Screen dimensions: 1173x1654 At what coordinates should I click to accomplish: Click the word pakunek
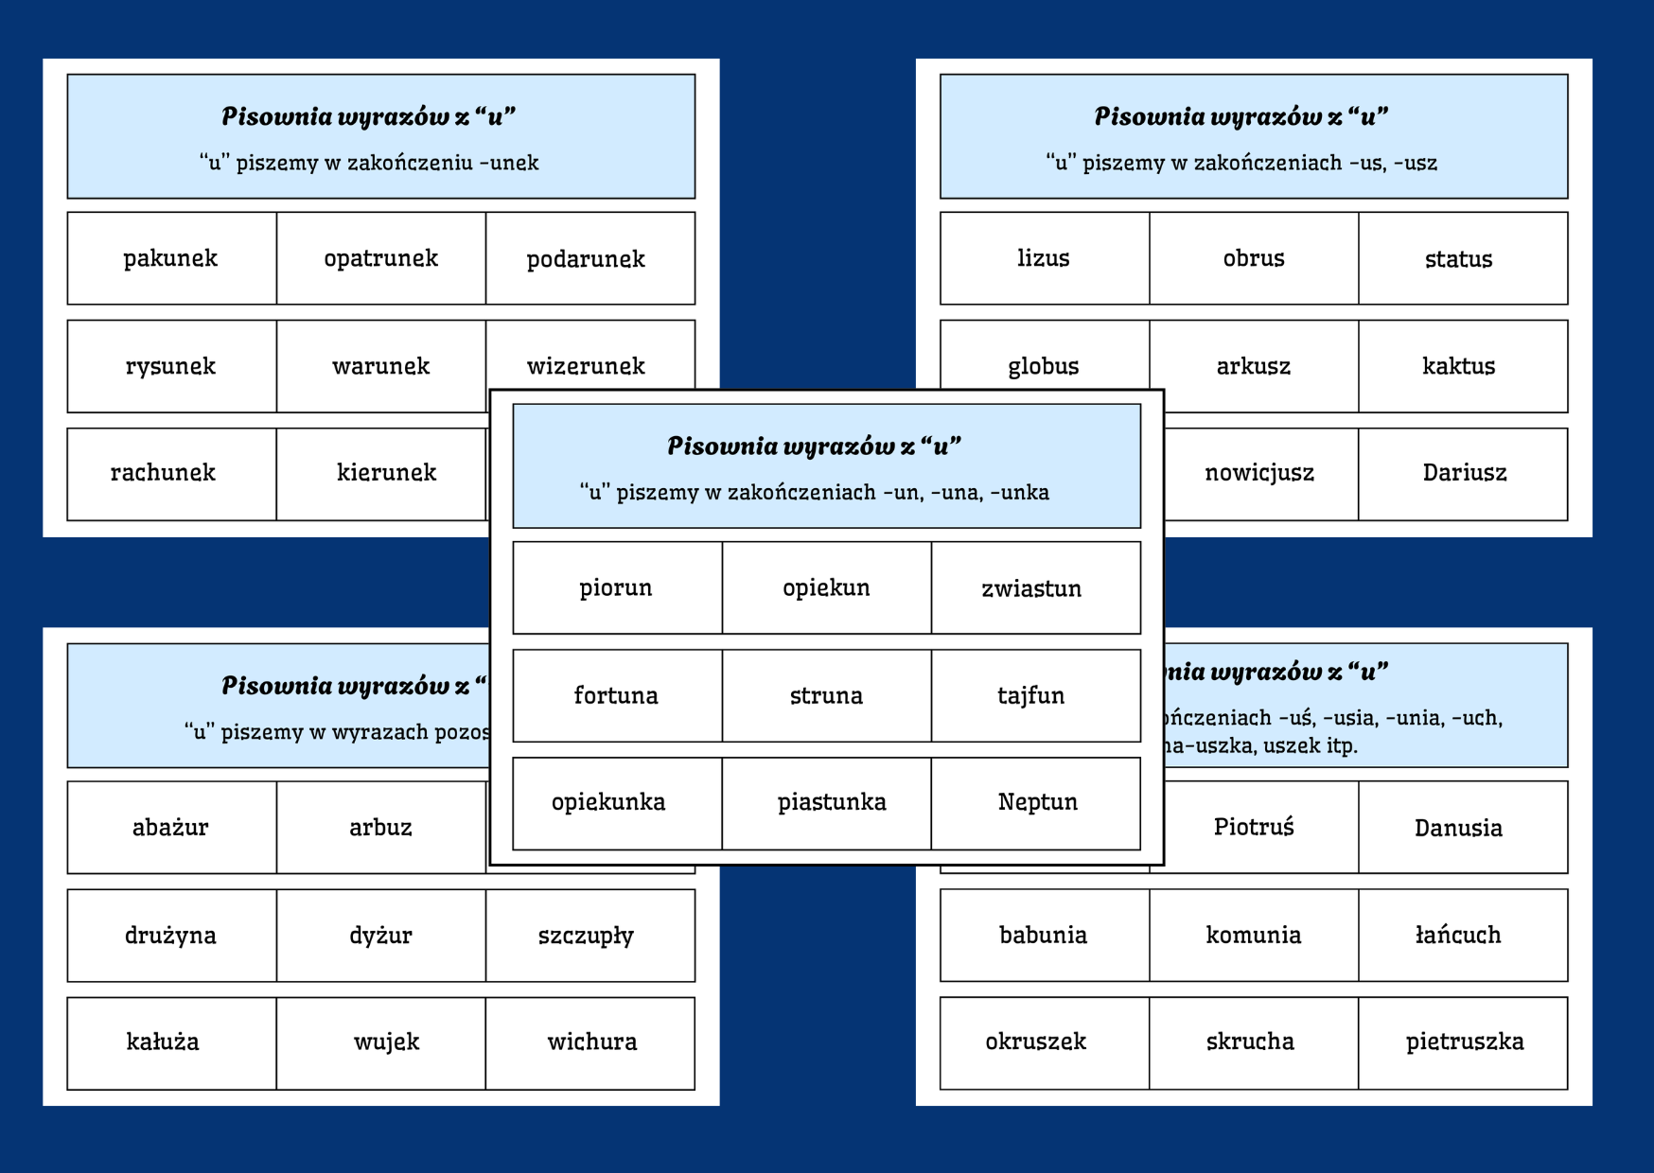pos(170,258)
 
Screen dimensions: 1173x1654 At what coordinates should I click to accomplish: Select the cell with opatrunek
pos(380,258)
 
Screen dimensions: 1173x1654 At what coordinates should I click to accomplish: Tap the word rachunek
pos(163,473)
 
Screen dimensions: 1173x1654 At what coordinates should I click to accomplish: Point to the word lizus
pos(1044,258)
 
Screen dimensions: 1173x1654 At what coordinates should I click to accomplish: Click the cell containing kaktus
pos(1458,366)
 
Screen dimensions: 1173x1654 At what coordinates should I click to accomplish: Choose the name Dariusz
pos(1464,473)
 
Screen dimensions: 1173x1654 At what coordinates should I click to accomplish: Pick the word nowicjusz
pos(1259,473)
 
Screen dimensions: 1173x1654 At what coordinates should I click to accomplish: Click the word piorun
pos(616,587)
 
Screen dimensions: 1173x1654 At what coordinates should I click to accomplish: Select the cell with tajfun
pos(1030,695)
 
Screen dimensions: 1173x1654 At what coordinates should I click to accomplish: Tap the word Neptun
pos(1037,802)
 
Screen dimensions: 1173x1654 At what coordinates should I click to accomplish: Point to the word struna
pos(826,695)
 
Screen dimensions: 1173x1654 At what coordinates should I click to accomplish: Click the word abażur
pos(170,828)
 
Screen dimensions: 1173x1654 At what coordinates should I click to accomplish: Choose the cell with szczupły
pos(586,936)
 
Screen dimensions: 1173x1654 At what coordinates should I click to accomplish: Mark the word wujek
pos(386,1042)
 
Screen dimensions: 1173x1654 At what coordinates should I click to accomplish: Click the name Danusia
pos(1458,828)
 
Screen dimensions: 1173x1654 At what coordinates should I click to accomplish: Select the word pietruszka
pos(1464,1042)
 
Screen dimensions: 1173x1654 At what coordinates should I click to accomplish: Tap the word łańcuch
pos(1458,936)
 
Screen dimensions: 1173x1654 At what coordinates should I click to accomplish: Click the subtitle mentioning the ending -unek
pos(369,163)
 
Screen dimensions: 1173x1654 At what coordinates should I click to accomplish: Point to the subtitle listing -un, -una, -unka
pos(814,492)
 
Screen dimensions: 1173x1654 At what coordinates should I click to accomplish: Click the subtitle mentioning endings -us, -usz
pos(1241,163)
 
